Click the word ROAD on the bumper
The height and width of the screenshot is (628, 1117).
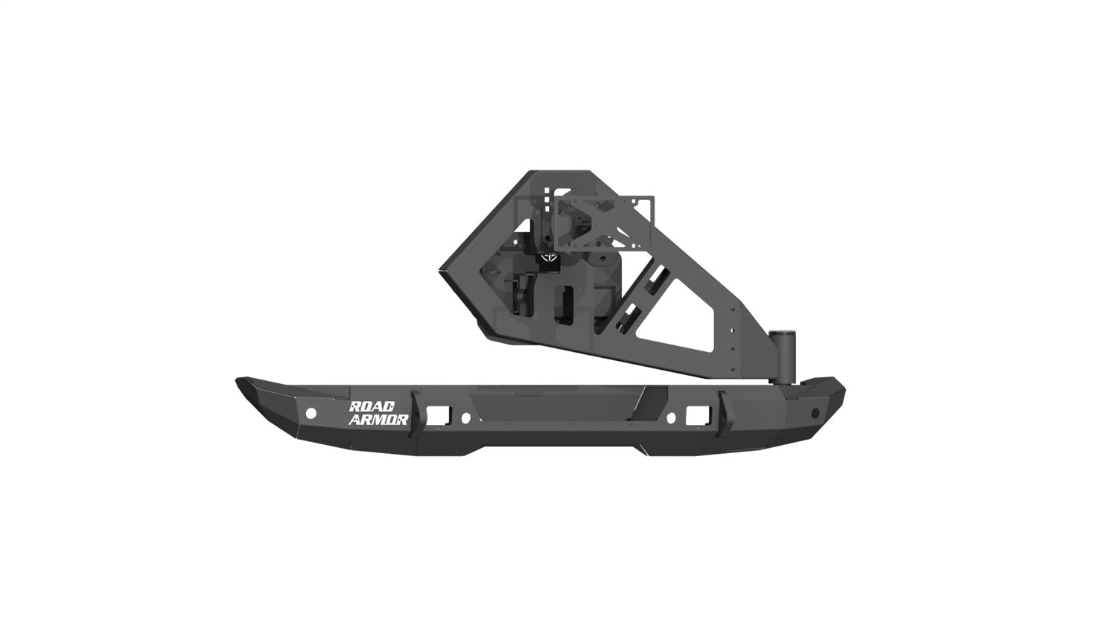point(378,407)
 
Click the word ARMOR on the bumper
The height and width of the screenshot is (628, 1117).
point(378,420)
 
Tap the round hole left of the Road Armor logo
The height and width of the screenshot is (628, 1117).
point(312,412)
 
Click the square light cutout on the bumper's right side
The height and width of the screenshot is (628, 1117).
point(698,414)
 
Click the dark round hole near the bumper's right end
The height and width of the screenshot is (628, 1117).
point(815,412)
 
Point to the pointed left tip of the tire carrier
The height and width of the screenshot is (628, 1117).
point(441,272)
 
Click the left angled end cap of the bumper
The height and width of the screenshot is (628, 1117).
point(261,406)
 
